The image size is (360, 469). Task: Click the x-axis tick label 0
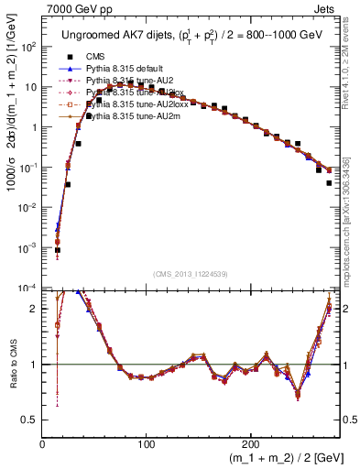pyautogui.click(x=42, y=442)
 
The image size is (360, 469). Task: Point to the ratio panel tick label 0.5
pyautogui.click(x=30, y=420)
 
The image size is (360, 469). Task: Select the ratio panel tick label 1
pyautogui.click(x=35, y=365)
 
